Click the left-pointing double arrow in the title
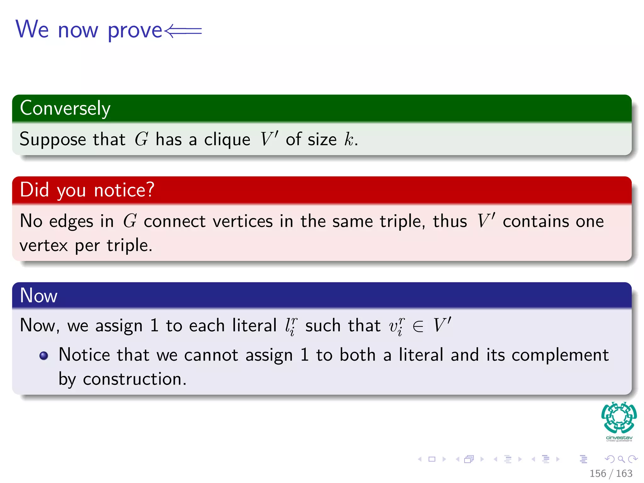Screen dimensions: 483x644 tap(183, 31)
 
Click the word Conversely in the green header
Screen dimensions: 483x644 tap(65, 108)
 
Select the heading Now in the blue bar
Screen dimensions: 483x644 tap(38, 296)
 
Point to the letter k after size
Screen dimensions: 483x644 tap(348, 139)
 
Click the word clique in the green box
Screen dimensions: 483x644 tap(227, 140)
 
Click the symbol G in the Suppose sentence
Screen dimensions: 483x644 tap(141, 139)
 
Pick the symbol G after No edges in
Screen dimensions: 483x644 tap(130, 221)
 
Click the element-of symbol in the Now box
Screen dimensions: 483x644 tap(418, 326)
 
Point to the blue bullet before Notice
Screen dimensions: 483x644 tap(44, 355)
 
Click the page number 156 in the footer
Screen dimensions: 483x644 tap(597, 474)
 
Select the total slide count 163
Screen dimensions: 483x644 tap(624, 474)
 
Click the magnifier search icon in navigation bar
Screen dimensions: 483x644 tap(621, 459)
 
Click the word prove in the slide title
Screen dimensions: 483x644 tap(135, 31)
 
